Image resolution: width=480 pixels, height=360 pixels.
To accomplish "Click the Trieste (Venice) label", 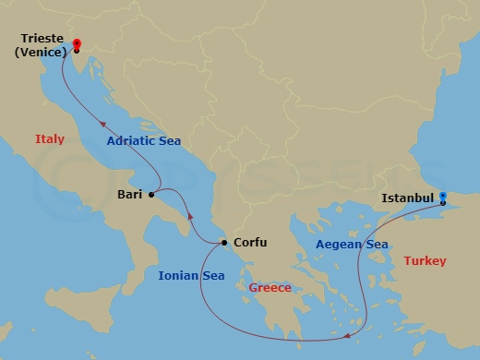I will point(39,45).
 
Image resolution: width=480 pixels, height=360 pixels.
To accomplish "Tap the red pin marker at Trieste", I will point(76,43).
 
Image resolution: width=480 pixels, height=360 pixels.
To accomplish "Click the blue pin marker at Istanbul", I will point(443,198).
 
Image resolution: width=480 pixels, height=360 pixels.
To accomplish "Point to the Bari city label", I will point(130,195).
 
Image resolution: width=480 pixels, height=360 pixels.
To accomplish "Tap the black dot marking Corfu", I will point(223,244).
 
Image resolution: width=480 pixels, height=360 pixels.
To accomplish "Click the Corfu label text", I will point(250,243).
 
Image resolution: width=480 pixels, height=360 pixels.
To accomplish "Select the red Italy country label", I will point(50,139).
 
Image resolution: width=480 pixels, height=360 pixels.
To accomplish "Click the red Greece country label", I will point(270,288).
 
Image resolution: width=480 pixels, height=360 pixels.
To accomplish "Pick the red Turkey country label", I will point(425,262).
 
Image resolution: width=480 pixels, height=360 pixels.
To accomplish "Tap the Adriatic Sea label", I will point(143,141).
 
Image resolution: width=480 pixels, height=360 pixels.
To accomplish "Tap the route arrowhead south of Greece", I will point(347,336).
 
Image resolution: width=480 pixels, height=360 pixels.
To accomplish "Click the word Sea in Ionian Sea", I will point(211,275).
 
